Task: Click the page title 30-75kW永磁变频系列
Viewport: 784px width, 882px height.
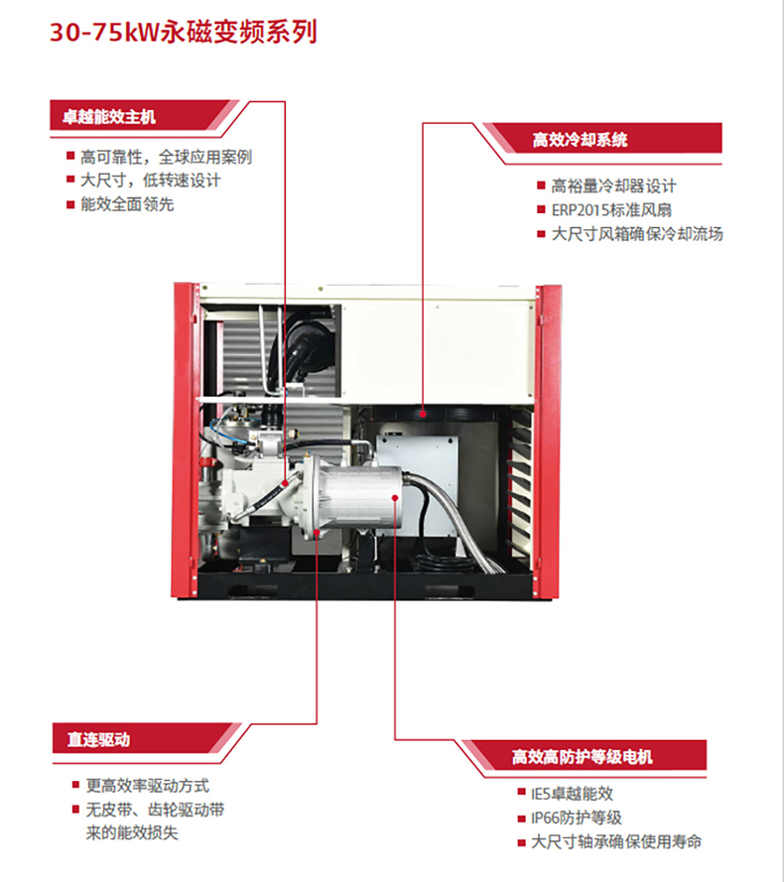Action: click(x=184, y=32)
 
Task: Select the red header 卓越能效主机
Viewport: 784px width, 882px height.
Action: click(x=108, y=117)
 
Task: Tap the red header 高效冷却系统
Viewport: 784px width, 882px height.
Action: click(x=580, y=140)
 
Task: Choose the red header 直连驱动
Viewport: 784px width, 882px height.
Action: click(x=98, y=739)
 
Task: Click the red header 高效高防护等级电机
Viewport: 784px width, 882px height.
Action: click(x=582, y=757)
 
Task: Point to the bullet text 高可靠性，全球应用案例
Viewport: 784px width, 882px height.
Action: click(x=166, y=157)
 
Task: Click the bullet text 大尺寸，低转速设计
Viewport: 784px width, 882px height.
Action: click(x=150, y=181)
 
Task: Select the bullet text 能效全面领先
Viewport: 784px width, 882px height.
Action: click(x=127, y=204)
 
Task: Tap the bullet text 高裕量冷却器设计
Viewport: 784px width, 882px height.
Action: click(x=613, y=186)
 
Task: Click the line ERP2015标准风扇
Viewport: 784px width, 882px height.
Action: click(x=611, y=209)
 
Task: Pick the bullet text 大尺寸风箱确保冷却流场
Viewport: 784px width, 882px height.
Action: click(x=637, y=233)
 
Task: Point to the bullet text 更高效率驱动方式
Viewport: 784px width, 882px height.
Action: click(x=148, y=785)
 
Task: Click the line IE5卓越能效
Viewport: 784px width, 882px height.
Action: click(x=572, y=793)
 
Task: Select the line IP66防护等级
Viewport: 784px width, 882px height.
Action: click(x=577, y=818)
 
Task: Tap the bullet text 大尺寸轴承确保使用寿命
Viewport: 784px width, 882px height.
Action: click(x=616, y=841)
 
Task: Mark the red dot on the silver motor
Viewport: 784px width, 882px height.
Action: click(x=395, y=498)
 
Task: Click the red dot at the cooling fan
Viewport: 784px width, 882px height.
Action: click(x=423, y=415)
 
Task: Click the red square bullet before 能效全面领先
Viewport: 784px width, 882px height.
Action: click(x=70, y=204)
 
